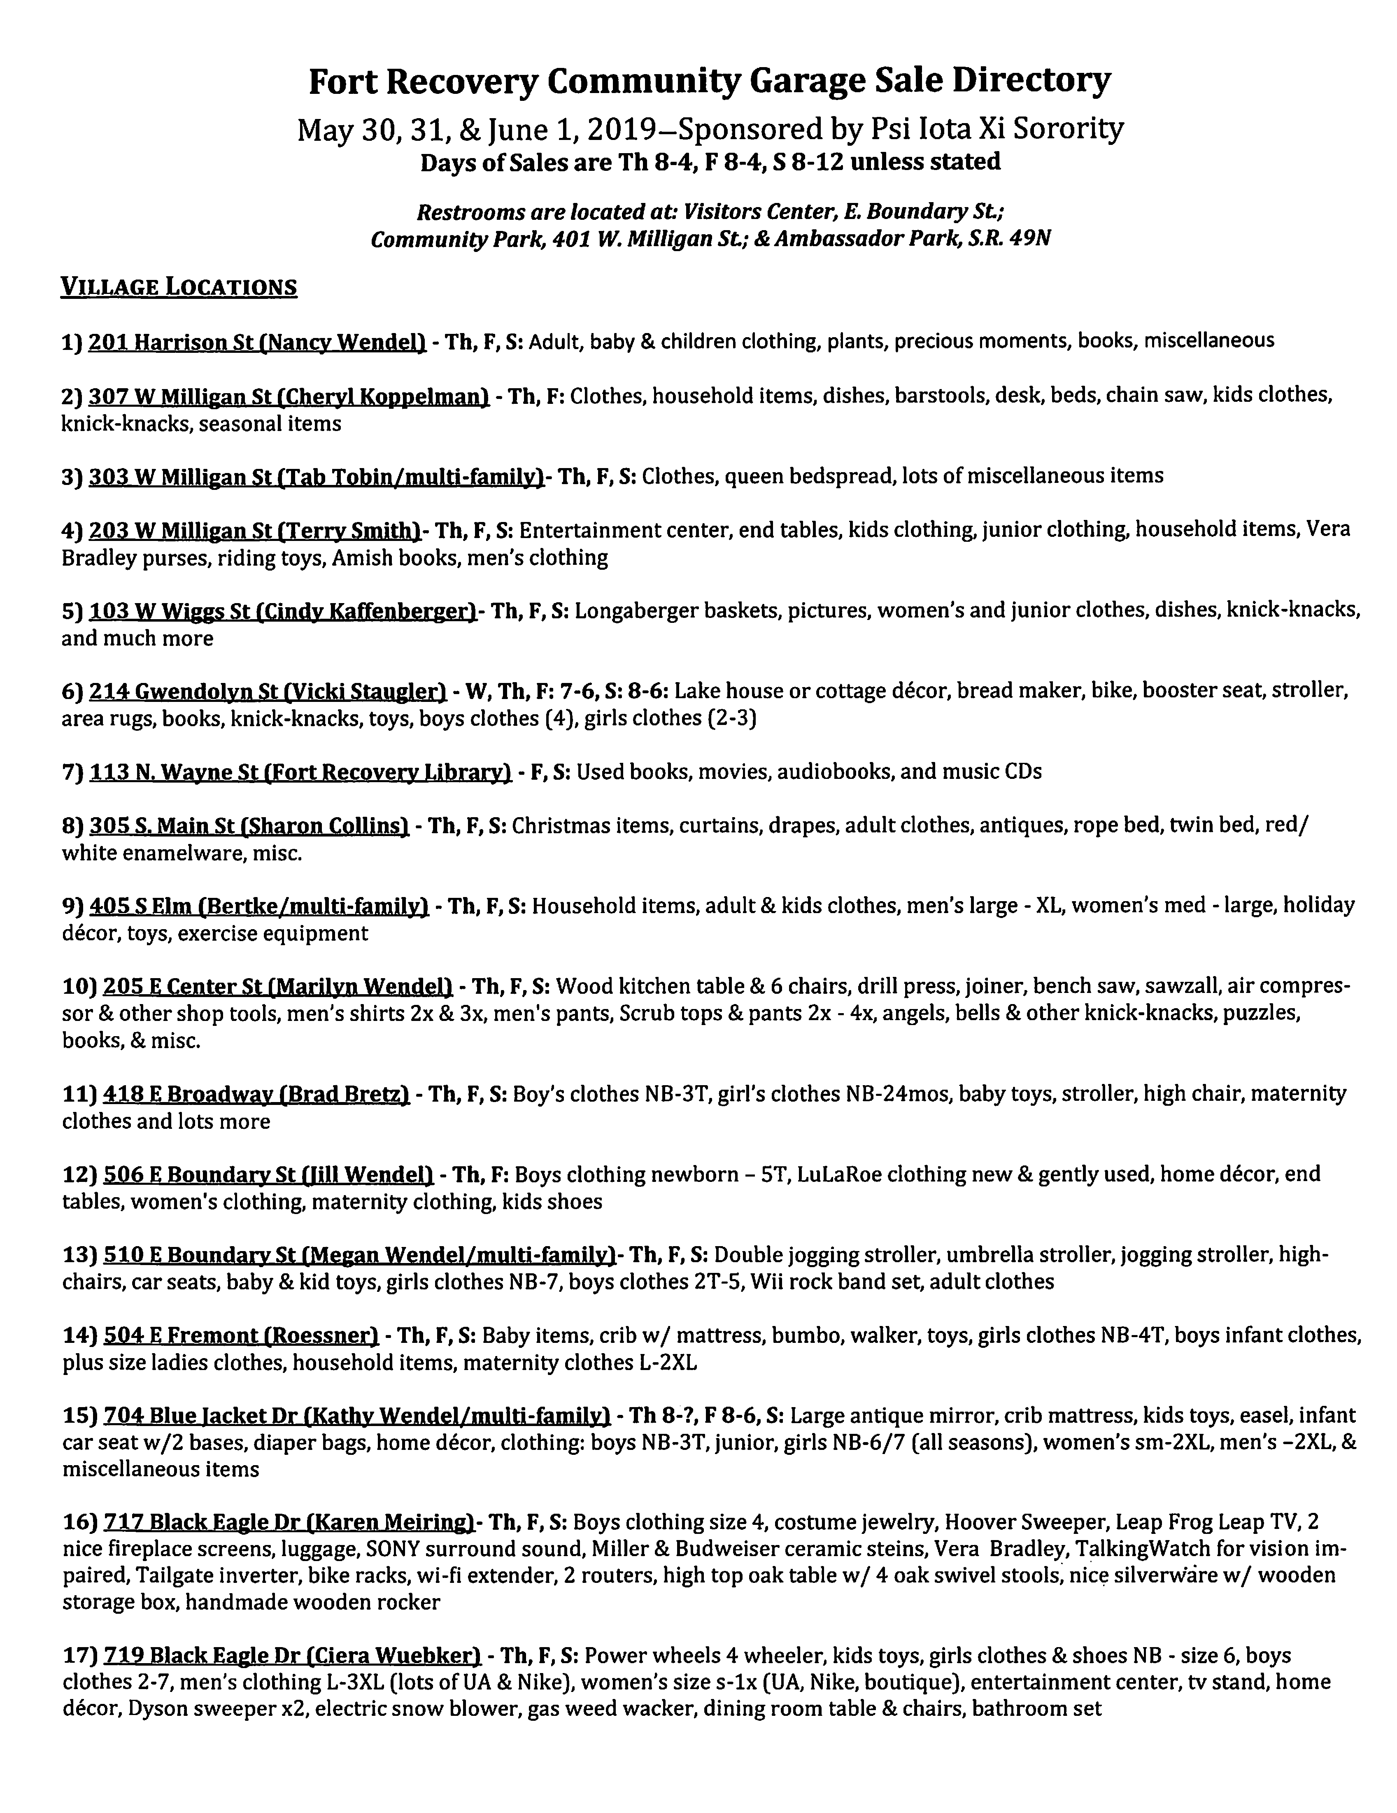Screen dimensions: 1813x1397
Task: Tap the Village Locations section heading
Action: [x=179, y=287]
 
